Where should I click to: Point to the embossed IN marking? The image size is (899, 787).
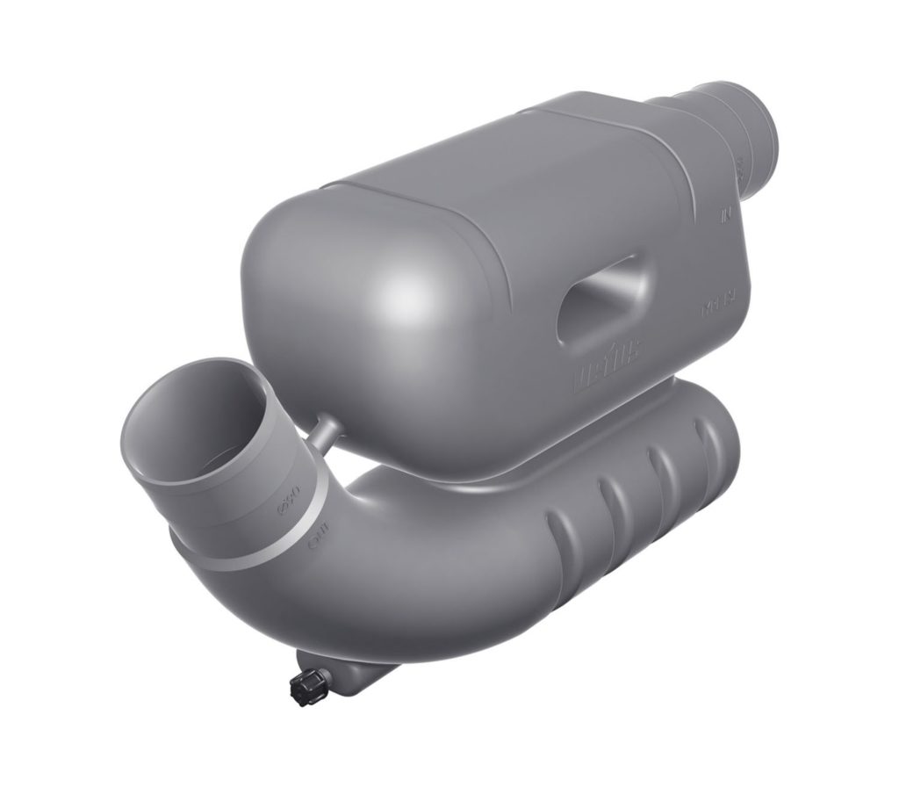(725, 213)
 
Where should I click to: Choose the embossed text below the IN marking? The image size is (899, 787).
(717, 307)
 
